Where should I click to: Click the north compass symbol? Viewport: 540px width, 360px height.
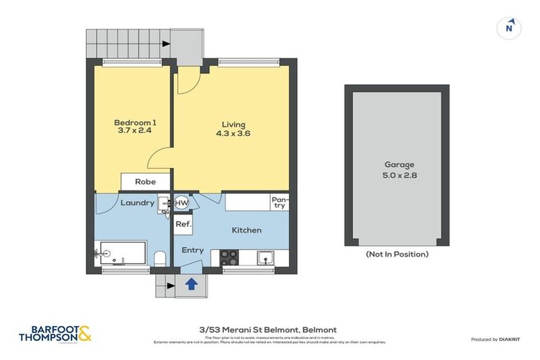tap(509, 28)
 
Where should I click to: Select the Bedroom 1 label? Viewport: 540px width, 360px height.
tap(135, 123)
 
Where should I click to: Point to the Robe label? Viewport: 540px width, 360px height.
tap(145, 181)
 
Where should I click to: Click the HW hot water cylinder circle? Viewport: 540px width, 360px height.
tap(181, 203)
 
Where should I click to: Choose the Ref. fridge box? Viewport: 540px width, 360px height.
tap(183, 225)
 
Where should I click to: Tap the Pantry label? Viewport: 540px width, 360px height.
tap(279, 202)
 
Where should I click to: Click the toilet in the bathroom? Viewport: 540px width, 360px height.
tap(159, 258)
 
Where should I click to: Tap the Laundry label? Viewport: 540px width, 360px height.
tap(137, 203)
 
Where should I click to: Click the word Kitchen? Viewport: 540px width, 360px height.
tap(247, 230)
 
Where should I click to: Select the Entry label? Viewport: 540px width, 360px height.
tap(193, 250)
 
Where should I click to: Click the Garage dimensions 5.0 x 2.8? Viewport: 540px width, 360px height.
tap(397, 175)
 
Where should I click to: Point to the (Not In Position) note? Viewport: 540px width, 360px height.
tap(397, 254)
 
